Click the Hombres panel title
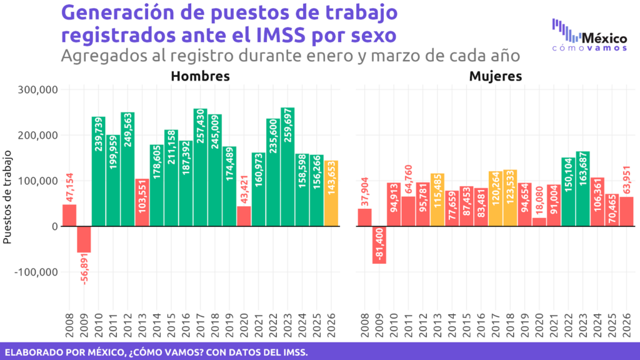click(x=200, y=76)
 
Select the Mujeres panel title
click(x=496, y=76)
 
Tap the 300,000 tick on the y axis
click(x=39, y=89)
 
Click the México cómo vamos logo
click(x=590, y=36)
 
